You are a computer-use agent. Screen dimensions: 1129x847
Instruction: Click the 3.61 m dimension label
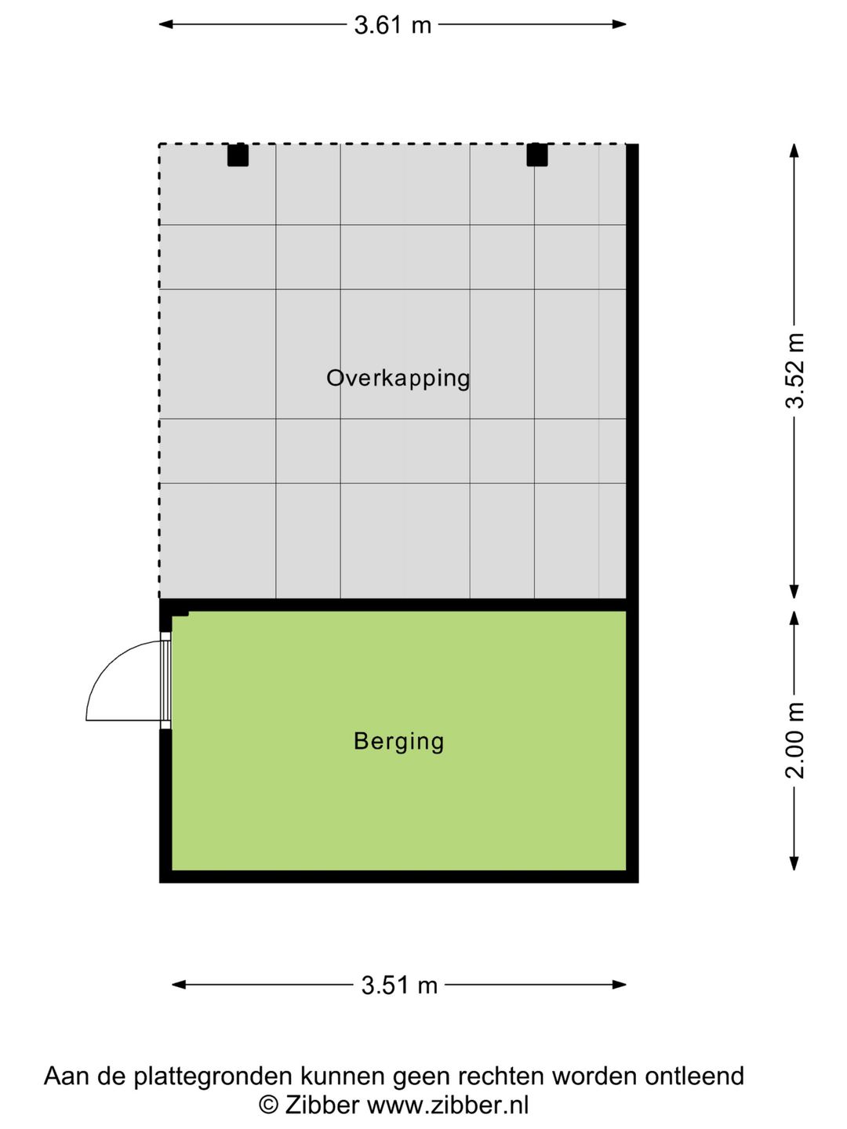pos(392,25)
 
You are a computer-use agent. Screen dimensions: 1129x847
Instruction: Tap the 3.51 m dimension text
pos(399,985)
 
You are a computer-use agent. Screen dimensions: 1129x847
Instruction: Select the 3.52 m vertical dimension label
pos(795,371)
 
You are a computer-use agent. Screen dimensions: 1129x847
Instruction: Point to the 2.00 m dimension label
pos(795,740)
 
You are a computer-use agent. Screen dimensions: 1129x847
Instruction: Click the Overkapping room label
pos(398,378)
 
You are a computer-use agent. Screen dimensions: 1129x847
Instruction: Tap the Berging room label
pos(398,741)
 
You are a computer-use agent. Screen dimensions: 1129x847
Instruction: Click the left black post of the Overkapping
pos(238,154)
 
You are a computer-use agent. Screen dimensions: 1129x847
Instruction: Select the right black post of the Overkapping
pos(537,154)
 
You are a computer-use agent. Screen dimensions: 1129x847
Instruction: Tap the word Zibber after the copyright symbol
pos(322,1105)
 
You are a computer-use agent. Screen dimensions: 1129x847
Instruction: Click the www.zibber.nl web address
pos(448,1105)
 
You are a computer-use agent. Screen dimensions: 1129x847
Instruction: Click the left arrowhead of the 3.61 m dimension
pos(165,24)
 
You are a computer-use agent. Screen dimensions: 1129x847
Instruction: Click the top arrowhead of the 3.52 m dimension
pos(794,151)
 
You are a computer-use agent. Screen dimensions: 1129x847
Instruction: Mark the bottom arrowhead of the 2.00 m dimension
pos(794,863)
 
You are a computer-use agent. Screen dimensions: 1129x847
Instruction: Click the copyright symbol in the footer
pos(268,1105)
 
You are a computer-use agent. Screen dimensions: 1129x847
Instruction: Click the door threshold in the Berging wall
pos(165,681)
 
